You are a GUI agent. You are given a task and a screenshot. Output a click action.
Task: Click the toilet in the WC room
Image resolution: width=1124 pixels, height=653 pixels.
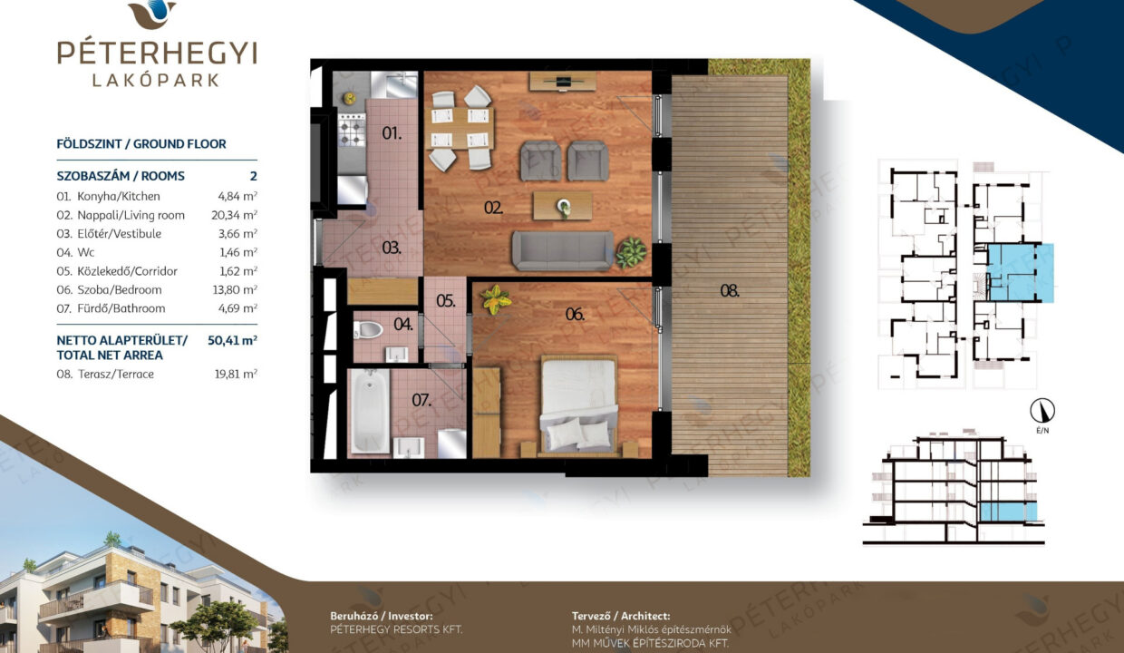(x=368, y=330)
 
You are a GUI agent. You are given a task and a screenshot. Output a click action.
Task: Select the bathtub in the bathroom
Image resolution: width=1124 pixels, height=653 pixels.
(x=370, y=411)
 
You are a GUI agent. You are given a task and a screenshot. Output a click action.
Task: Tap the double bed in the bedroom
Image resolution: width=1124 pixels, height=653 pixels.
(x=578, y=406)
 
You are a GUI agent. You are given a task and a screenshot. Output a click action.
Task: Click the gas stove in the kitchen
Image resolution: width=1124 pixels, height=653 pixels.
(x=352, y=129)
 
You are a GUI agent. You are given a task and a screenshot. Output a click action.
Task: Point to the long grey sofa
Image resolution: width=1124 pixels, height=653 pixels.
(x=563, y=251)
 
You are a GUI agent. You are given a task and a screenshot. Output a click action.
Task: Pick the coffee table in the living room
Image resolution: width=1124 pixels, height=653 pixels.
(x=563, y=205)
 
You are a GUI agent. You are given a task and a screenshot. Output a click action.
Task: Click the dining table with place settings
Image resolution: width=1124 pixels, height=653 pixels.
(x=460, y=128)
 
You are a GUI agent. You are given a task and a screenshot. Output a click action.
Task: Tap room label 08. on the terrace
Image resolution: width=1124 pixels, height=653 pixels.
(x=730, y=290)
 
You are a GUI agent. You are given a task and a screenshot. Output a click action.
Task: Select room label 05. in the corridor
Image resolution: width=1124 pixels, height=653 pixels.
(x=446, y=300)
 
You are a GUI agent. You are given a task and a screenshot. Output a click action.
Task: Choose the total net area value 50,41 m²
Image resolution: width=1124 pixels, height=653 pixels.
(x=232, y=340)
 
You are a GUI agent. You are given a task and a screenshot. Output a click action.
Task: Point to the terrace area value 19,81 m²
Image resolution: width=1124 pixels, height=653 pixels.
(x=236, y=374)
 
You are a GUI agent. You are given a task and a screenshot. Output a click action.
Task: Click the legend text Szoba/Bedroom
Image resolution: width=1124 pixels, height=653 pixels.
(x=120, y=289)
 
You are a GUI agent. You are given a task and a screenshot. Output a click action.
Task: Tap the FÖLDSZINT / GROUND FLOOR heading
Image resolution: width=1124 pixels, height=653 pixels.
(x=141, y=144)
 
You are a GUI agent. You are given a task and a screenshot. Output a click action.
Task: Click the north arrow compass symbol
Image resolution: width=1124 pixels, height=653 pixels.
(x=1042, y=411)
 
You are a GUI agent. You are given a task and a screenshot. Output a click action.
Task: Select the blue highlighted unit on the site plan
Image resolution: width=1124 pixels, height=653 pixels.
(x=1019, y=272)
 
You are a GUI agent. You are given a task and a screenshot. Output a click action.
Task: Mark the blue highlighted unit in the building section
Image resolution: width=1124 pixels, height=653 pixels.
(x=1008, y=512)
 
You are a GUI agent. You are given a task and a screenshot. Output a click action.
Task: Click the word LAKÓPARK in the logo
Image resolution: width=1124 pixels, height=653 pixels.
(x=156, y=81)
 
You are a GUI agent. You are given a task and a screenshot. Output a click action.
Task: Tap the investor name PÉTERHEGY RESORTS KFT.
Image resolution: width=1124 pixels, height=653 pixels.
(x=396, y=629)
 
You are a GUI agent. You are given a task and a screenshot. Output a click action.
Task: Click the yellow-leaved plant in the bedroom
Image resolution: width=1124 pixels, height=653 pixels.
(x=496, y=299)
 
